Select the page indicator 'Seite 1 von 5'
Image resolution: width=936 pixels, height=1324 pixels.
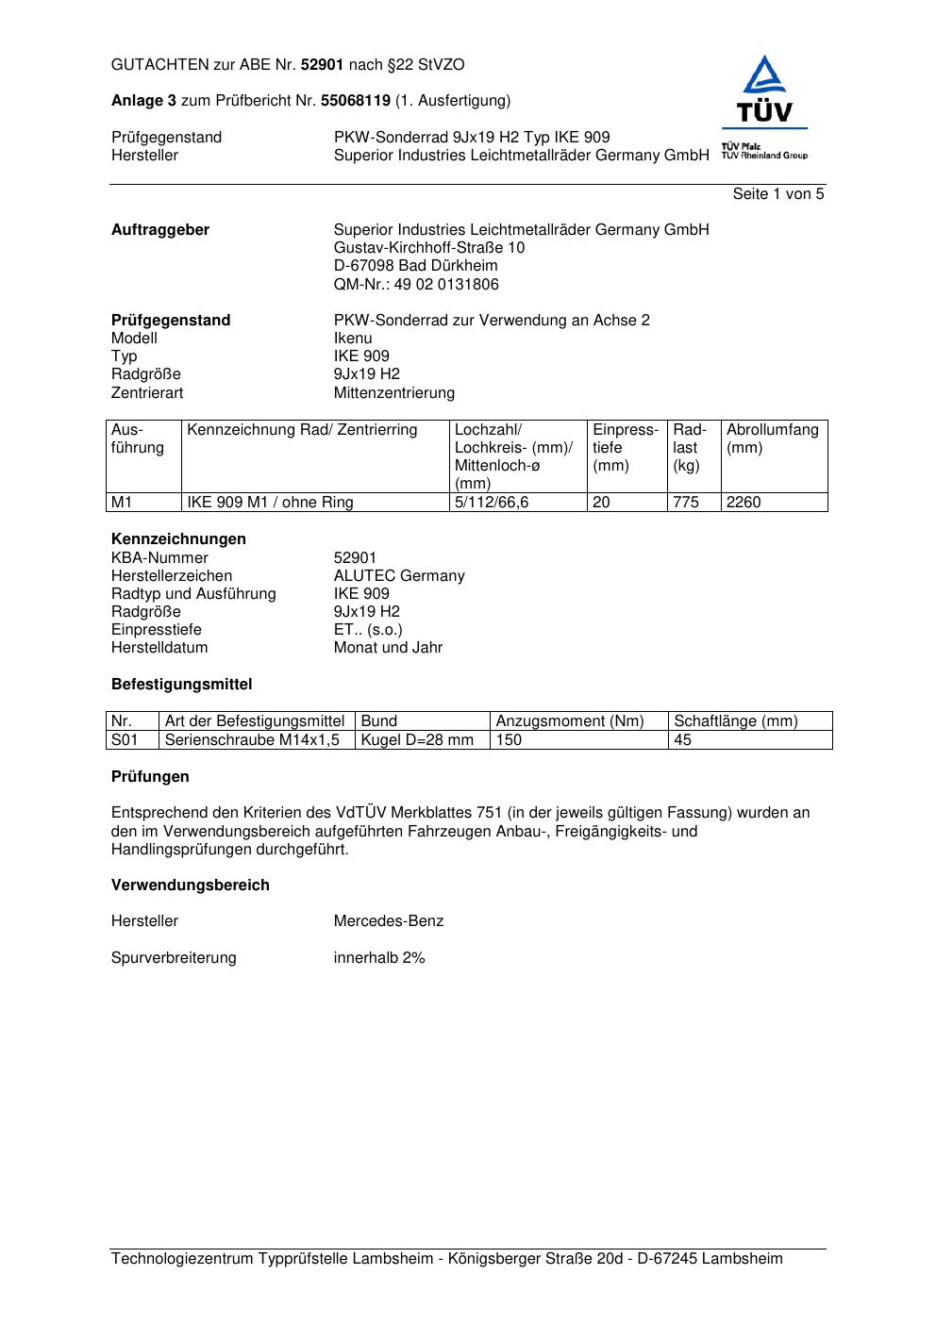(x=777, y=194)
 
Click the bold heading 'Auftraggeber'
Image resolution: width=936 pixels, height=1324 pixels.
(x=160, y=230)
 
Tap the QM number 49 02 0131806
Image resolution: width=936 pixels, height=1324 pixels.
(x=416, y=285)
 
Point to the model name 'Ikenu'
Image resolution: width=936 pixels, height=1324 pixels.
(x=353, y=339)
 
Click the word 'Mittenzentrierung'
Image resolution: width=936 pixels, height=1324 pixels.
(x=393, y=393)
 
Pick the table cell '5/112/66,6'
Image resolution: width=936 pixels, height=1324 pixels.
(x=492, y=503)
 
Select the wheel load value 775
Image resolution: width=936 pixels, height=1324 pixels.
(x=686, y=503)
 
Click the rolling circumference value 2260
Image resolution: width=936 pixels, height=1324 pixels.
(x=744, y=503)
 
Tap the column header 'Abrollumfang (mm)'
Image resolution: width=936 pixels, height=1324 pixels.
(x=772, y=439)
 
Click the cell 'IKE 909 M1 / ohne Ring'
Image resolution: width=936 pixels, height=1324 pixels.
(x=270, y=503)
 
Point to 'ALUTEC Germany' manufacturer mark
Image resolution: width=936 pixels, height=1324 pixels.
(x=399, y=576)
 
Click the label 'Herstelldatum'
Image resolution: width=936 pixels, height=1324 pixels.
(x=159, y=648)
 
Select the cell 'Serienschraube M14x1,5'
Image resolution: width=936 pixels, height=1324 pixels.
(x=252, y=740)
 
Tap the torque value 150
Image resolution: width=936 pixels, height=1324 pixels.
(x=509, y=740)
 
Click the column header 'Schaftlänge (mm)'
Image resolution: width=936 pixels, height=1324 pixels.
(x=736, y=721)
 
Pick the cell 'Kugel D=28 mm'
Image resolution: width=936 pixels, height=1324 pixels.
(x=417, y=740)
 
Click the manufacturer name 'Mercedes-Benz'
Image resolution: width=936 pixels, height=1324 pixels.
(x=388, y=921)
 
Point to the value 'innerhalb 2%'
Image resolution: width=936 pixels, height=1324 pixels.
(x=379, y=958)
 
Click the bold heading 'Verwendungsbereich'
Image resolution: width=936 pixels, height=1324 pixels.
(x=190, y=885)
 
